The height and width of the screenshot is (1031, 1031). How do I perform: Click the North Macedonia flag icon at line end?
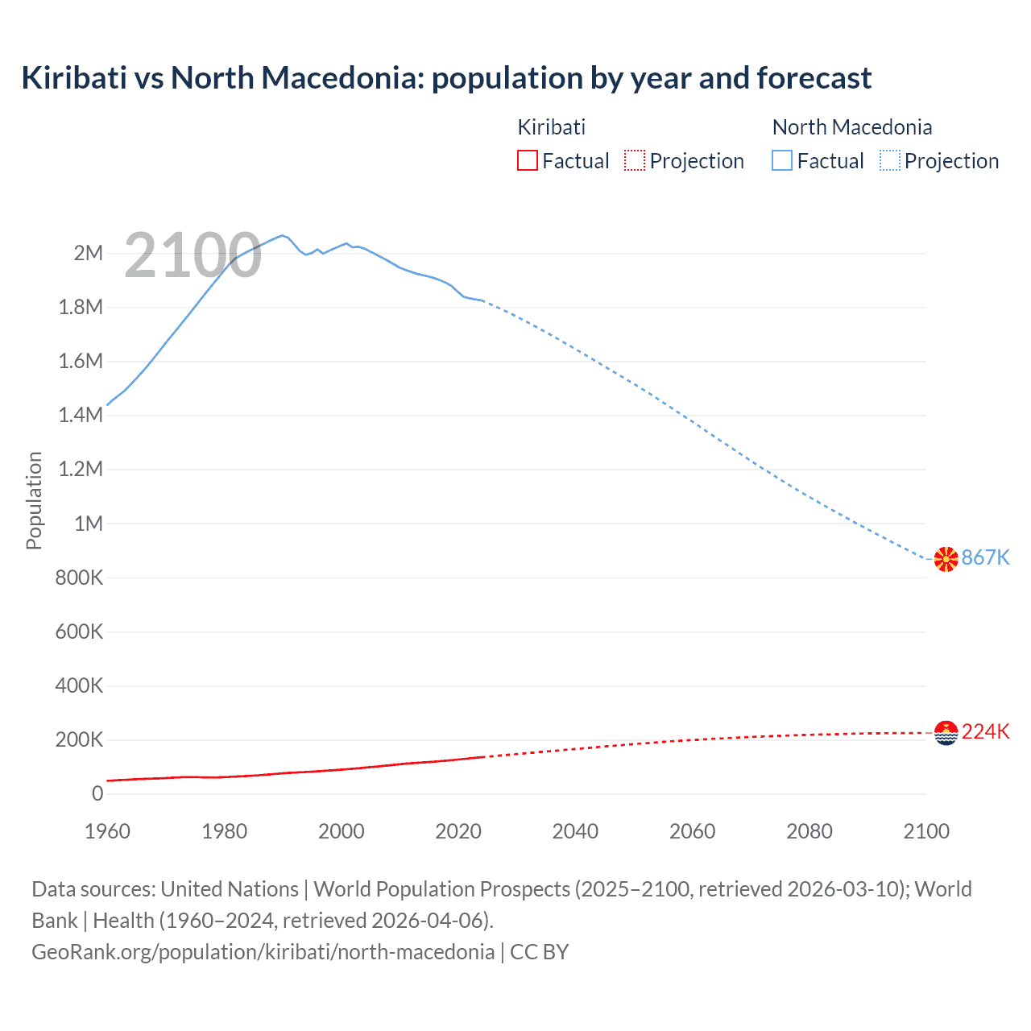tap(946, 558)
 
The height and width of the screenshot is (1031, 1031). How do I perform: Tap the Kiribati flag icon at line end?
tap(946, 732)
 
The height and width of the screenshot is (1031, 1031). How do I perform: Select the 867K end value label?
tap(985, 557)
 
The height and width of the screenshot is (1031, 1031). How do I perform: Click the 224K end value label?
tap(985, 731)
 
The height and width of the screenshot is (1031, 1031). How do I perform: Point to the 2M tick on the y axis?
tap(88, 253)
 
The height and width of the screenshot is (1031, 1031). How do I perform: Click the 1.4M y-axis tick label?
tap(81, 415)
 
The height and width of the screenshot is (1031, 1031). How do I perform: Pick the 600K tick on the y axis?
tap(79, 631)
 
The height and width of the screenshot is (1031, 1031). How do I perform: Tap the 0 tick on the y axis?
tap(97, 793)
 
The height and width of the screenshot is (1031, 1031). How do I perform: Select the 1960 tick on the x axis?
tap(107, 831)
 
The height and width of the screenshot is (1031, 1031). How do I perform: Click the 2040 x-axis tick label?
tap(575, 831)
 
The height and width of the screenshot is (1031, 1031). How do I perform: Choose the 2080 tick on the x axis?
tap(809, 831)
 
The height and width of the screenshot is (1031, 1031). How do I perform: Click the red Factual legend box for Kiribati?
tap(527, 160)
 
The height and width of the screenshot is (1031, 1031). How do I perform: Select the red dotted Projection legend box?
tap(635, 160)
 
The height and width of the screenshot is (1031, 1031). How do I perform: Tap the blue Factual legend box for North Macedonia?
tap(782, 160)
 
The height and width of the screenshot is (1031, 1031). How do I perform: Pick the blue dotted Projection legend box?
tap(890, 160)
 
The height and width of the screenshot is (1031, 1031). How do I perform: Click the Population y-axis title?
tap(34, 500)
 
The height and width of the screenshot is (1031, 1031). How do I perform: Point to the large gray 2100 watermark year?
tap(193, 255)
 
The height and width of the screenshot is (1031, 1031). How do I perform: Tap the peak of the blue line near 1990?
tap(282, 235)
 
